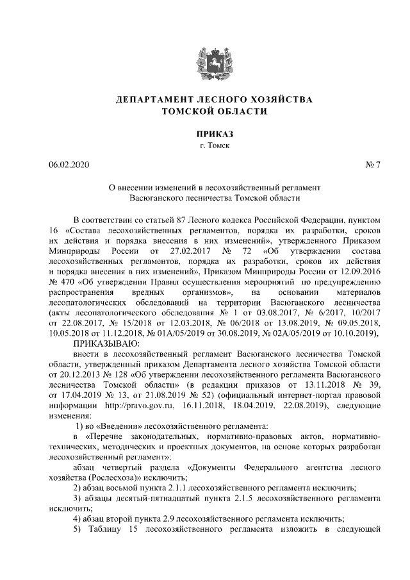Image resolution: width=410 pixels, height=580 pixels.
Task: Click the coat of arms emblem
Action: coord(205,62)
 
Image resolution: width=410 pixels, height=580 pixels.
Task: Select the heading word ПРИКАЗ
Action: coord(205,134)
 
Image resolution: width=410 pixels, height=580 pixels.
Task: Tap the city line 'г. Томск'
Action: coord(205,145)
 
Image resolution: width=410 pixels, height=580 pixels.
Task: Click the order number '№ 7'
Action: coord(372,165)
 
